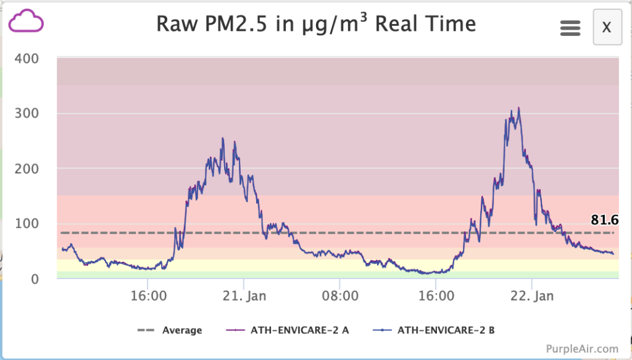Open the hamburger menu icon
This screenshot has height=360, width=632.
pos(570,28)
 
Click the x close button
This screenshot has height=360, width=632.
pos(607,27)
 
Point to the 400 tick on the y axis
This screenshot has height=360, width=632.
pos(27,59)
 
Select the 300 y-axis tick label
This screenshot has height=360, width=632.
pos(27,113)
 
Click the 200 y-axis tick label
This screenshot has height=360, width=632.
pos(27,168)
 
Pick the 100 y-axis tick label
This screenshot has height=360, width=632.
pos(27,224)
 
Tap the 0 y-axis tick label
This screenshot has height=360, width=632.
pos(35,278)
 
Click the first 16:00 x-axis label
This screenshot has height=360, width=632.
pos(148,296)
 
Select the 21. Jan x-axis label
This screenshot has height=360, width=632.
pos(244,296)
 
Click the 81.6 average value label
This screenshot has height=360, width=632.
pos(604,220)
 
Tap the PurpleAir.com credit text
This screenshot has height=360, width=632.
pos(581,349)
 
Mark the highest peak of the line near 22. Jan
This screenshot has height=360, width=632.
pos(518,108)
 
